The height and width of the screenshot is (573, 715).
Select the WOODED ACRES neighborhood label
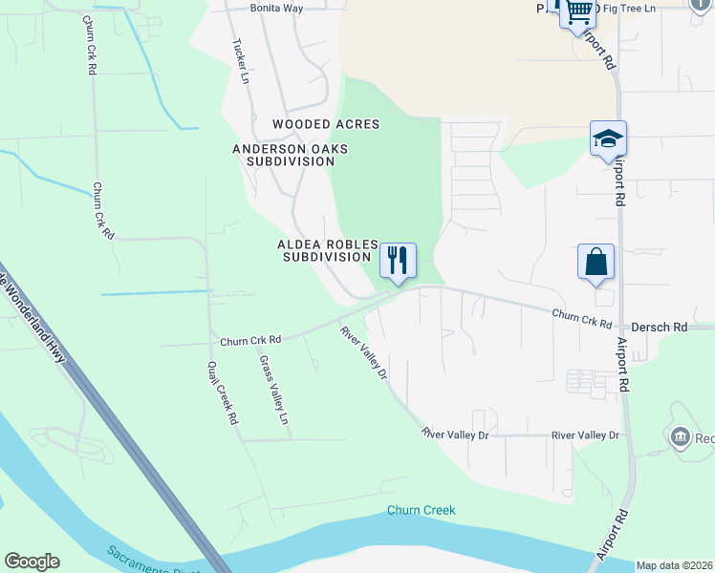pos(326,124)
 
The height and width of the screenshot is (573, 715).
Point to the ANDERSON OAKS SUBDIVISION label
pos(291,155)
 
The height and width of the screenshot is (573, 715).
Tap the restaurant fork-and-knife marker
pos(398,260)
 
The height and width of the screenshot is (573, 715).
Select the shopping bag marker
pos(596,261)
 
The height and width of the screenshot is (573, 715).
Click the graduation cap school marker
pos(608,138)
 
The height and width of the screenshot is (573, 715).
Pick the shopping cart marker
pos(579,12)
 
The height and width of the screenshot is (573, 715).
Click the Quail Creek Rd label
pos(221,393)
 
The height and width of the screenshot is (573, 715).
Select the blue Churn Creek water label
pos(422,510)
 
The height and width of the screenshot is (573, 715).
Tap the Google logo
pos(32,562)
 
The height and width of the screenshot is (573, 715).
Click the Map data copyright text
pos(674,565)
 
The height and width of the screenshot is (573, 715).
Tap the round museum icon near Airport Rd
pos(681,438)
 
